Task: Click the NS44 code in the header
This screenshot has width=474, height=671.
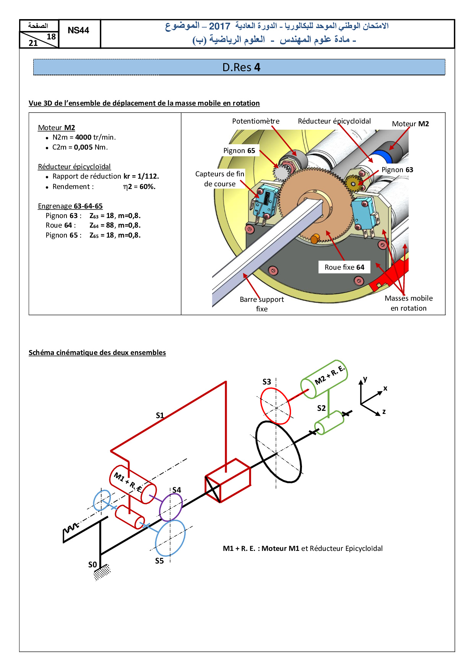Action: tap(78, 31)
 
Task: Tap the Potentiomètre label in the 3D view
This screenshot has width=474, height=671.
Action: tap(256, 121)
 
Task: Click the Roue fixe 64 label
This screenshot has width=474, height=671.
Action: tap(344, 267)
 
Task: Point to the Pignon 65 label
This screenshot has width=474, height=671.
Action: tap(239, 151)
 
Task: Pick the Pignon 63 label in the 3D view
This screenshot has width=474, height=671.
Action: tap(397, 170)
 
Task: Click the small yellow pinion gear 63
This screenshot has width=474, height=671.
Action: tap(353, 184)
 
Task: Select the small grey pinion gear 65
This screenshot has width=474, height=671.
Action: tap(282, 173)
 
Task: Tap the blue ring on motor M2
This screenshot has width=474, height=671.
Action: tap(383, 156)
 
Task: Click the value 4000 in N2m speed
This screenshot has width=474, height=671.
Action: tap(83, 137)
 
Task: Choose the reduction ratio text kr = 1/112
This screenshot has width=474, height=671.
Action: tap(141, 176)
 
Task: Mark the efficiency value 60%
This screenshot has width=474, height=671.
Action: tap(147, 187)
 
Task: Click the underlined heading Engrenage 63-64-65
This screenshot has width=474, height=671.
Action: tap(70, 206)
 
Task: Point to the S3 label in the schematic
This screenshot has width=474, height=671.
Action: tap(267, 382)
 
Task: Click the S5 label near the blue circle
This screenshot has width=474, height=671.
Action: tap(159, 561)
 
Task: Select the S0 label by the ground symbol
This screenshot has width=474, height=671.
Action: tap(93, 565)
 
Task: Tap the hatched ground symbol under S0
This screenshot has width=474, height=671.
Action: tap(102, 572)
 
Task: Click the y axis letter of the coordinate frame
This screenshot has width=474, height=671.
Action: tap(365, 379)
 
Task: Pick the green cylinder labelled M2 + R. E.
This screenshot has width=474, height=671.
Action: tap(324, 379)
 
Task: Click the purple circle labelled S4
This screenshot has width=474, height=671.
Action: tap(170, 507)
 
